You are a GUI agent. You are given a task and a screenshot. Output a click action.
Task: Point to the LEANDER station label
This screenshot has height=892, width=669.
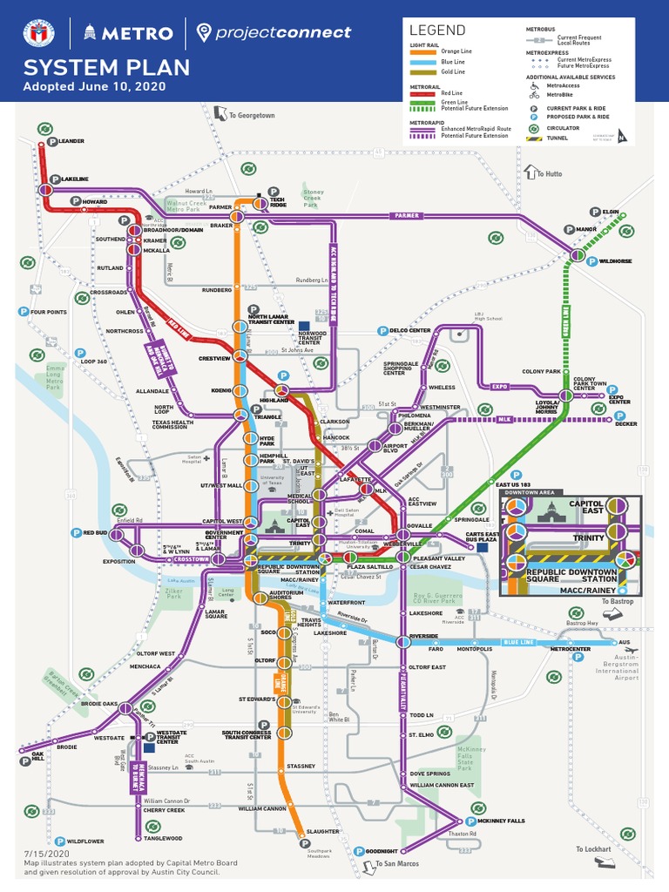71,140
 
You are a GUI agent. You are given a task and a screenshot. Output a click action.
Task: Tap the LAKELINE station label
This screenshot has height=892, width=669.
75,179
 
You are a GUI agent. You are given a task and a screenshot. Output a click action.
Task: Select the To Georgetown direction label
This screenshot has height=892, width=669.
252,115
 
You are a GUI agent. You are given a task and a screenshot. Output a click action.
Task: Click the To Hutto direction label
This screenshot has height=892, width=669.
549,173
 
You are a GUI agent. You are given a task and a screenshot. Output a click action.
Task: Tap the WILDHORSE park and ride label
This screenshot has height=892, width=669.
615,261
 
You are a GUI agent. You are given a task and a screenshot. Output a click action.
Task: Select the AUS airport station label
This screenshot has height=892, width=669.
623,642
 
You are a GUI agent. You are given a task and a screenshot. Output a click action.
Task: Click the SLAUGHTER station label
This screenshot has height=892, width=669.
322,831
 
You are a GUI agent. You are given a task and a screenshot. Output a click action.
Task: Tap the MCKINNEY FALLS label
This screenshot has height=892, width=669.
502,821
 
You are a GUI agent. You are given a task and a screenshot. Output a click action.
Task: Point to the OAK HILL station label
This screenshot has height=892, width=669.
38,757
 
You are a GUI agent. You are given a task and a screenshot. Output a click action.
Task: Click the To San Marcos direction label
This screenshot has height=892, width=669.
396,863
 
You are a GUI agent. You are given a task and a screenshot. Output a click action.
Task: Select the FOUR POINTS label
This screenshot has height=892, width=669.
48,312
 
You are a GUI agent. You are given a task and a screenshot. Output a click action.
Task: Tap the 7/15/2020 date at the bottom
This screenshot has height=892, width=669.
42,855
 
